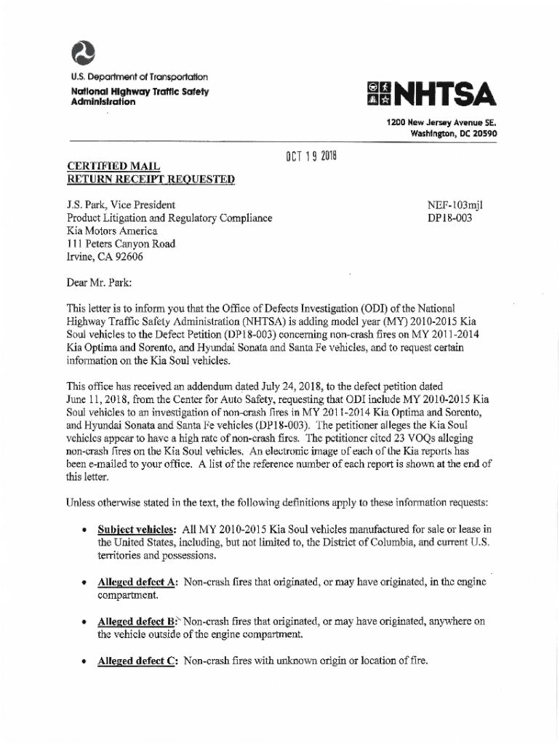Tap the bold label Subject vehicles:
click(x=138, y=529)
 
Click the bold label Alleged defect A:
click(x=138, y=582)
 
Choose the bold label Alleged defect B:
click(x=137, y=622)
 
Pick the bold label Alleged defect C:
click(x=137, y=661)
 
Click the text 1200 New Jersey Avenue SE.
click(x=442, y=123)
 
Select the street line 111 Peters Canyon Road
click(x=121, y=244)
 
